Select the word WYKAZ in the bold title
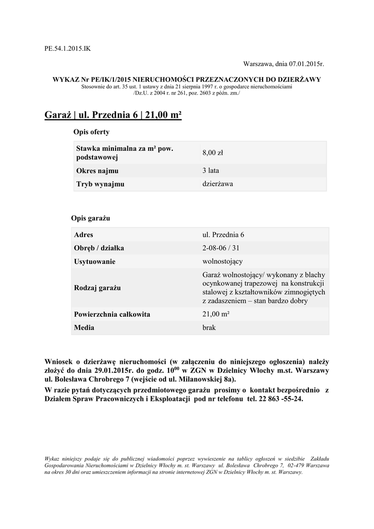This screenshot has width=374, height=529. (64, 79)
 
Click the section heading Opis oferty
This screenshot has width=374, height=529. (91, 132)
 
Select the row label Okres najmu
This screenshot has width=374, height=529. (97, 170)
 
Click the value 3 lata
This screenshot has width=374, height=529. (211, 170)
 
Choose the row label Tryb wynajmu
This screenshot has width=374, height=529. (100, 183)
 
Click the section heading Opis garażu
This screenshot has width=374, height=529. (91, 218)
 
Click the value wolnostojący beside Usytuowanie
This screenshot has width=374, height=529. (223, 261)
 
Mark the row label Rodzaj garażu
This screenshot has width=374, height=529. (100, 287)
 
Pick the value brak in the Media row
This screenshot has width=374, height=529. (209, 328)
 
